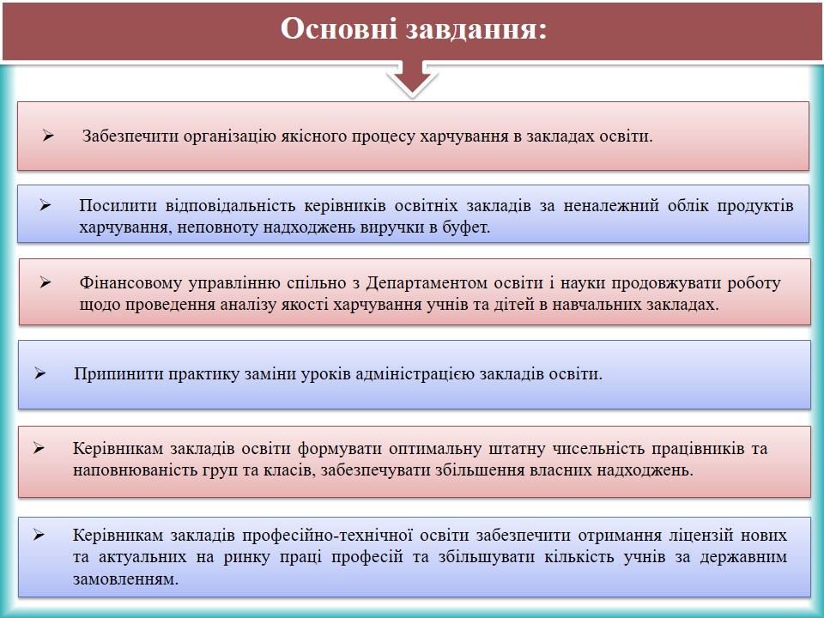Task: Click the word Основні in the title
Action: [338, 28]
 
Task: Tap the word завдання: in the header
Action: [476, 29]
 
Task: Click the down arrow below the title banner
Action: [413, 78]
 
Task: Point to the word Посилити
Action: [118, 205]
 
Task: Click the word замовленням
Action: [126, 579]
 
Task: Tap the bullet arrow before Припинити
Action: [40, 373]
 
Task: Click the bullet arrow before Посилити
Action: [45, 205]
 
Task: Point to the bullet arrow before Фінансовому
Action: [45, 282]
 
